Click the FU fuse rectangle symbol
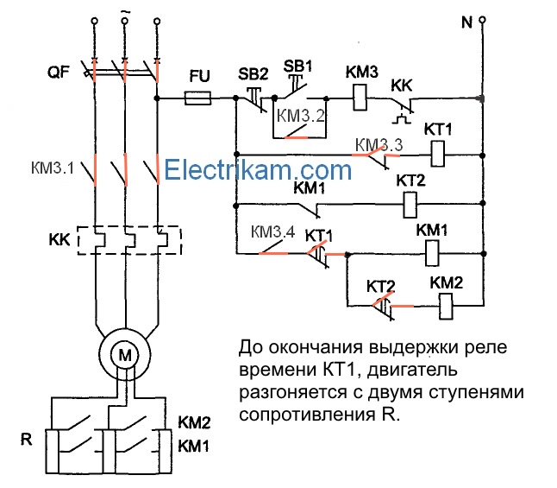pyautogui.click(x=197, y=98)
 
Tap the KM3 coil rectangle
pyautogui.click(x=360, y=98)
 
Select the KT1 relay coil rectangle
pyautogui.click(x=438, y=154)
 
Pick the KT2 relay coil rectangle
pyautogui.click(x=410, y=205)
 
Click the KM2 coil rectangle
pyautogui.click(x=446, y=307)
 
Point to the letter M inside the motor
pyautogui.click(x=125, y=355)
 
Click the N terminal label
pyautogui.click(x=467, y=22)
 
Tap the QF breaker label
pyautogui.click(x=59, y=73)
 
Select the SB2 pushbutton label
pyautogui.click(x=253, y=74)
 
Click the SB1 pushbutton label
pyautogui.click(x=297, y=67)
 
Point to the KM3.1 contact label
pyautogui.click(x=53, y=168)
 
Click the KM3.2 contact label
pyautogui.click(x=301, y=116)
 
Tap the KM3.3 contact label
pyautogui.click(x=379, y=145)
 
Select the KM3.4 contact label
pyautogui.click(x=272, y=232)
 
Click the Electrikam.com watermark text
pyautogui.click(x=258, y=170)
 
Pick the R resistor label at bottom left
pyautogui.click(x=26, y=440)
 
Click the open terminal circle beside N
pyautogui.click(x=482, y=20)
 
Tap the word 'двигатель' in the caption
pyautogui.click(x=412, y=371)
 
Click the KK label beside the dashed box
pyautogui.click(x=59, y=239)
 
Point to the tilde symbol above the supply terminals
pyautogui.click(x=125, y=12)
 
